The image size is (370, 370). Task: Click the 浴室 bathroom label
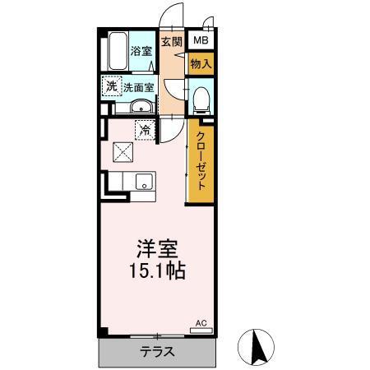(x=142, y=51)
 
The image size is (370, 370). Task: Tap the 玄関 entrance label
(x=171, y=42)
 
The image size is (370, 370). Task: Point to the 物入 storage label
(x=201, y=62)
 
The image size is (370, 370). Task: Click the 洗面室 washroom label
(x=137, y=86)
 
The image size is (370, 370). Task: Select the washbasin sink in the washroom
(x=140, y=107)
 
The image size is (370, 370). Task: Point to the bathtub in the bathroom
(x=116, y=53)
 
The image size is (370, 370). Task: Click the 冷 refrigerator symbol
(x=145, y=129)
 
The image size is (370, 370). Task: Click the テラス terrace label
(x=156, y=352)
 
